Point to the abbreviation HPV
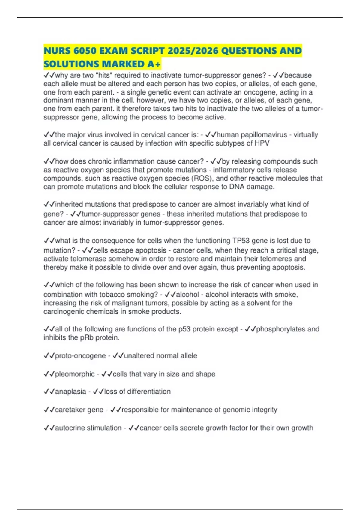click(262, 143)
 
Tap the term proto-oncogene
click(80, 356)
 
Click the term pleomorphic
click(75, 374)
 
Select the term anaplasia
click(70, 391)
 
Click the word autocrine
click(70, 428)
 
